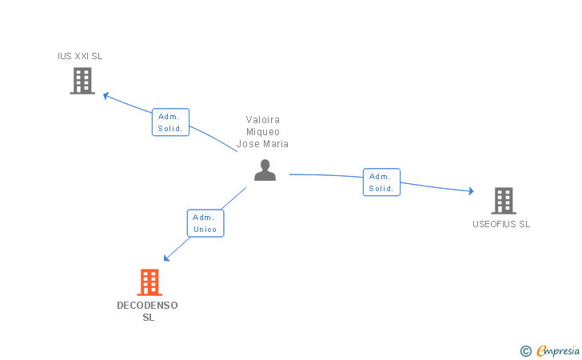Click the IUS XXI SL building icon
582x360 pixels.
point(82,81)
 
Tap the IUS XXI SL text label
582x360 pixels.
point(80,56)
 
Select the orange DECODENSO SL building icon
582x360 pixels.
point(149,282)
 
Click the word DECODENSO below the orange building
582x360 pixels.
point(148,306)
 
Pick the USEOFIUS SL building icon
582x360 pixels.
point(503,201)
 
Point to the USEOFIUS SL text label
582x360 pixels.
point(501,224)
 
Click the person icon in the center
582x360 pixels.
point(265,170)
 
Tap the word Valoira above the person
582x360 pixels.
point(263,120)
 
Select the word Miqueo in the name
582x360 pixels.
point(263,132)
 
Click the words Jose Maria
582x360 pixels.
point(263,144)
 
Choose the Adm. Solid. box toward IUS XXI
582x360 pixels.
point(170,122)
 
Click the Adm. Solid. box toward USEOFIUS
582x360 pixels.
point(381,182)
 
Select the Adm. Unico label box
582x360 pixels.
point(205,223)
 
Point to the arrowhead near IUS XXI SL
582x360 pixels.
point(106,95)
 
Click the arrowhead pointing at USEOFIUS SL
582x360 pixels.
point(471,191)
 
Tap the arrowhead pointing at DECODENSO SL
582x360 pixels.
point(166,258)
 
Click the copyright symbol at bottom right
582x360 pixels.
point(525,350)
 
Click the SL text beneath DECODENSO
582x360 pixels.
point(148,318)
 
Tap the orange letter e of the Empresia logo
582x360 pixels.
point(541,350)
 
